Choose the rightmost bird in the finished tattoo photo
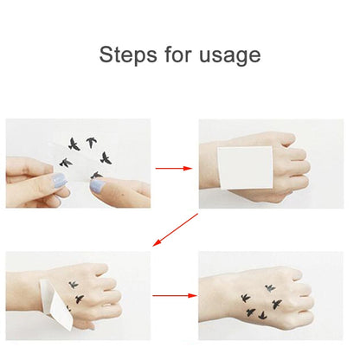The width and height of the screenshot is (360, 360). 277,304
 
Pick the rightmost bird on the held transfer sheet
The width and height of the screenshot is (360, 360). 106,157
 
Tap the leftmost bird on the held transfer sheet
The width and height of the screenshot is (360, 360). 66,162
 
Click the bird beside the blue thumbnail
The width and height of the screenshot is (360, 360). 95,176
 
